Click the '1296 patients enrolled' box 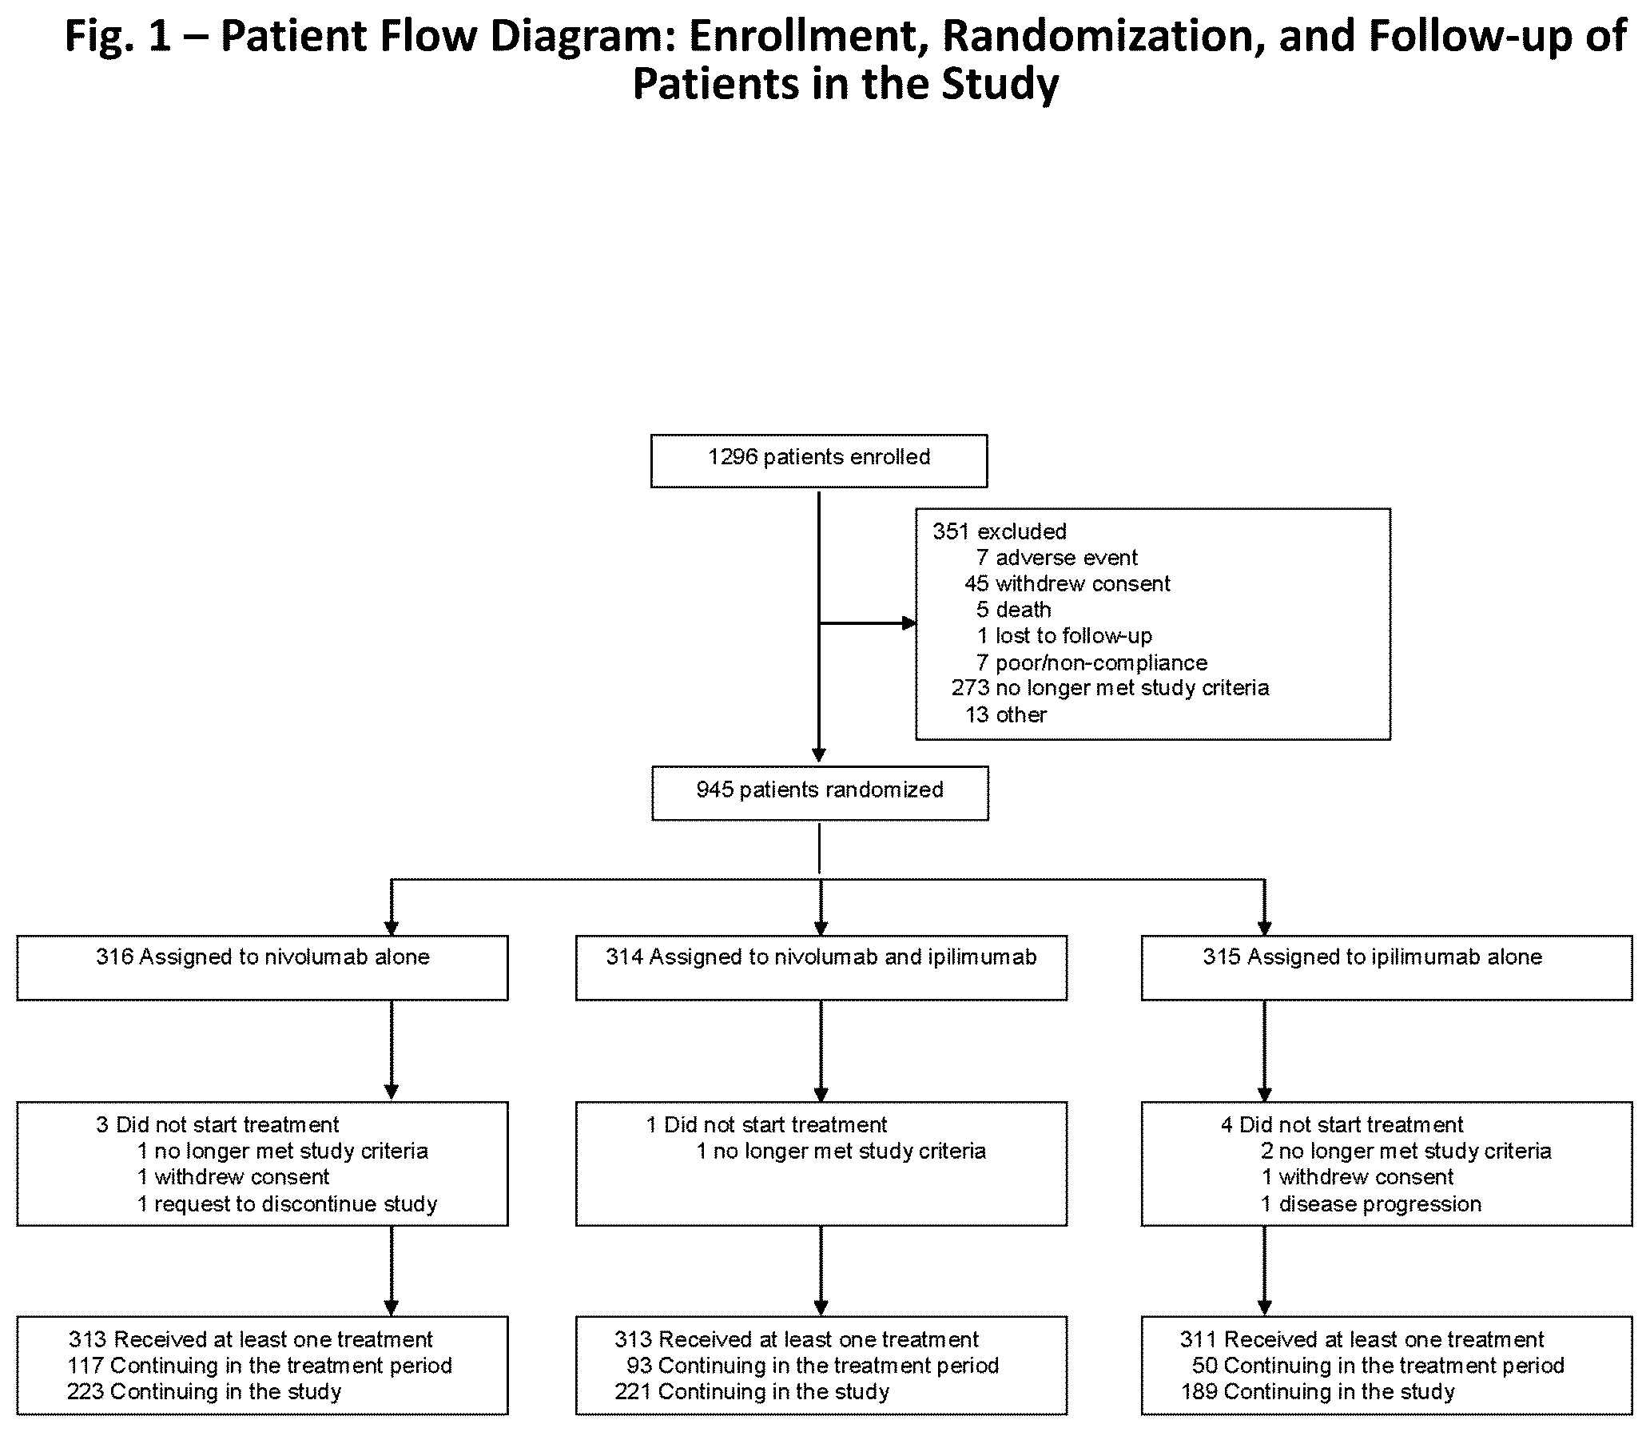819,460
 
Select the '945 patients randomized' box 820,793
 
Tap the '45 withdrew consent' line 1067,583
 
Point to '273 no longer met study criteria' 1110,688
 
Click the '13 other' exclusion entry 1006,714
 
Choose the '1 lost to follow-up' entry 1064,636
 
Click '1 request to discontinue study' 287,1204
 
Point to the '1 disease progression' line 1371,1204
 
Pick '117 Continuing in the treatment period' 260,1366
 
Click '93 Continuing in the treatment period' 813,1366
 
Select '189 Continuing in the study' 1318,1392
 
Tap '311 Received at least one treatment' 1362,1339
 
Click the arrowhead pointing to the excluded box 909,623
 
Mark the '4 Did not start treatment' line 1342,1125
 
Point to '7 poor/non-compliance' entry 1091,662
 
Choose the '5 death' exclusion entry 1013,610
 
